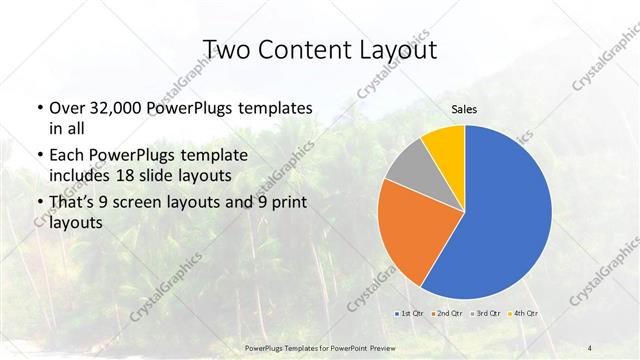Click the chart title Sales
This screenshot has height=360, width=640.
(x=464, y=109)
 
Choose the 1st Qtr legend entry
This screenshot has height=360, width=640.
(x=410, y=314)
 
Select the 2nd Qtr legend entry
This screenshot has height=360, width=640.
(x=447, y=314)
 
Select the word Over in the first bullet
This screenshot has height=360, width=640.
(x=67, y=107)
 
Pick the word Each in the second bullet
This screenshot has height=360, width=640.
(x=67, y=156)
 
